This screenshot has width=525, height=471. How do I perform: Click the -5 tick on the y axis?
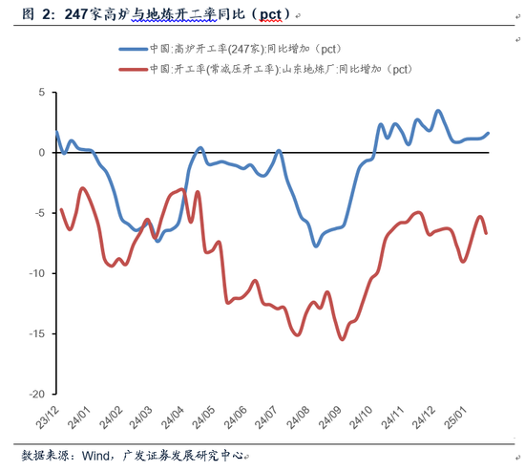[x=38, y=213]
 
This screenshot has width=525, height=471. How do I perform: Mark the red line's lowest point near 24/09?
[x=342, y=339]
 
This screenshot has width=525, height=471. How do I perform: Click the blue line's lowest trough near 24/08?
[x=316, y=246]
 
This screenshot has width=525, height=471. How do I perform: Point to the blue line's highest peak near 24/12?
[x=438, y=111]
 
